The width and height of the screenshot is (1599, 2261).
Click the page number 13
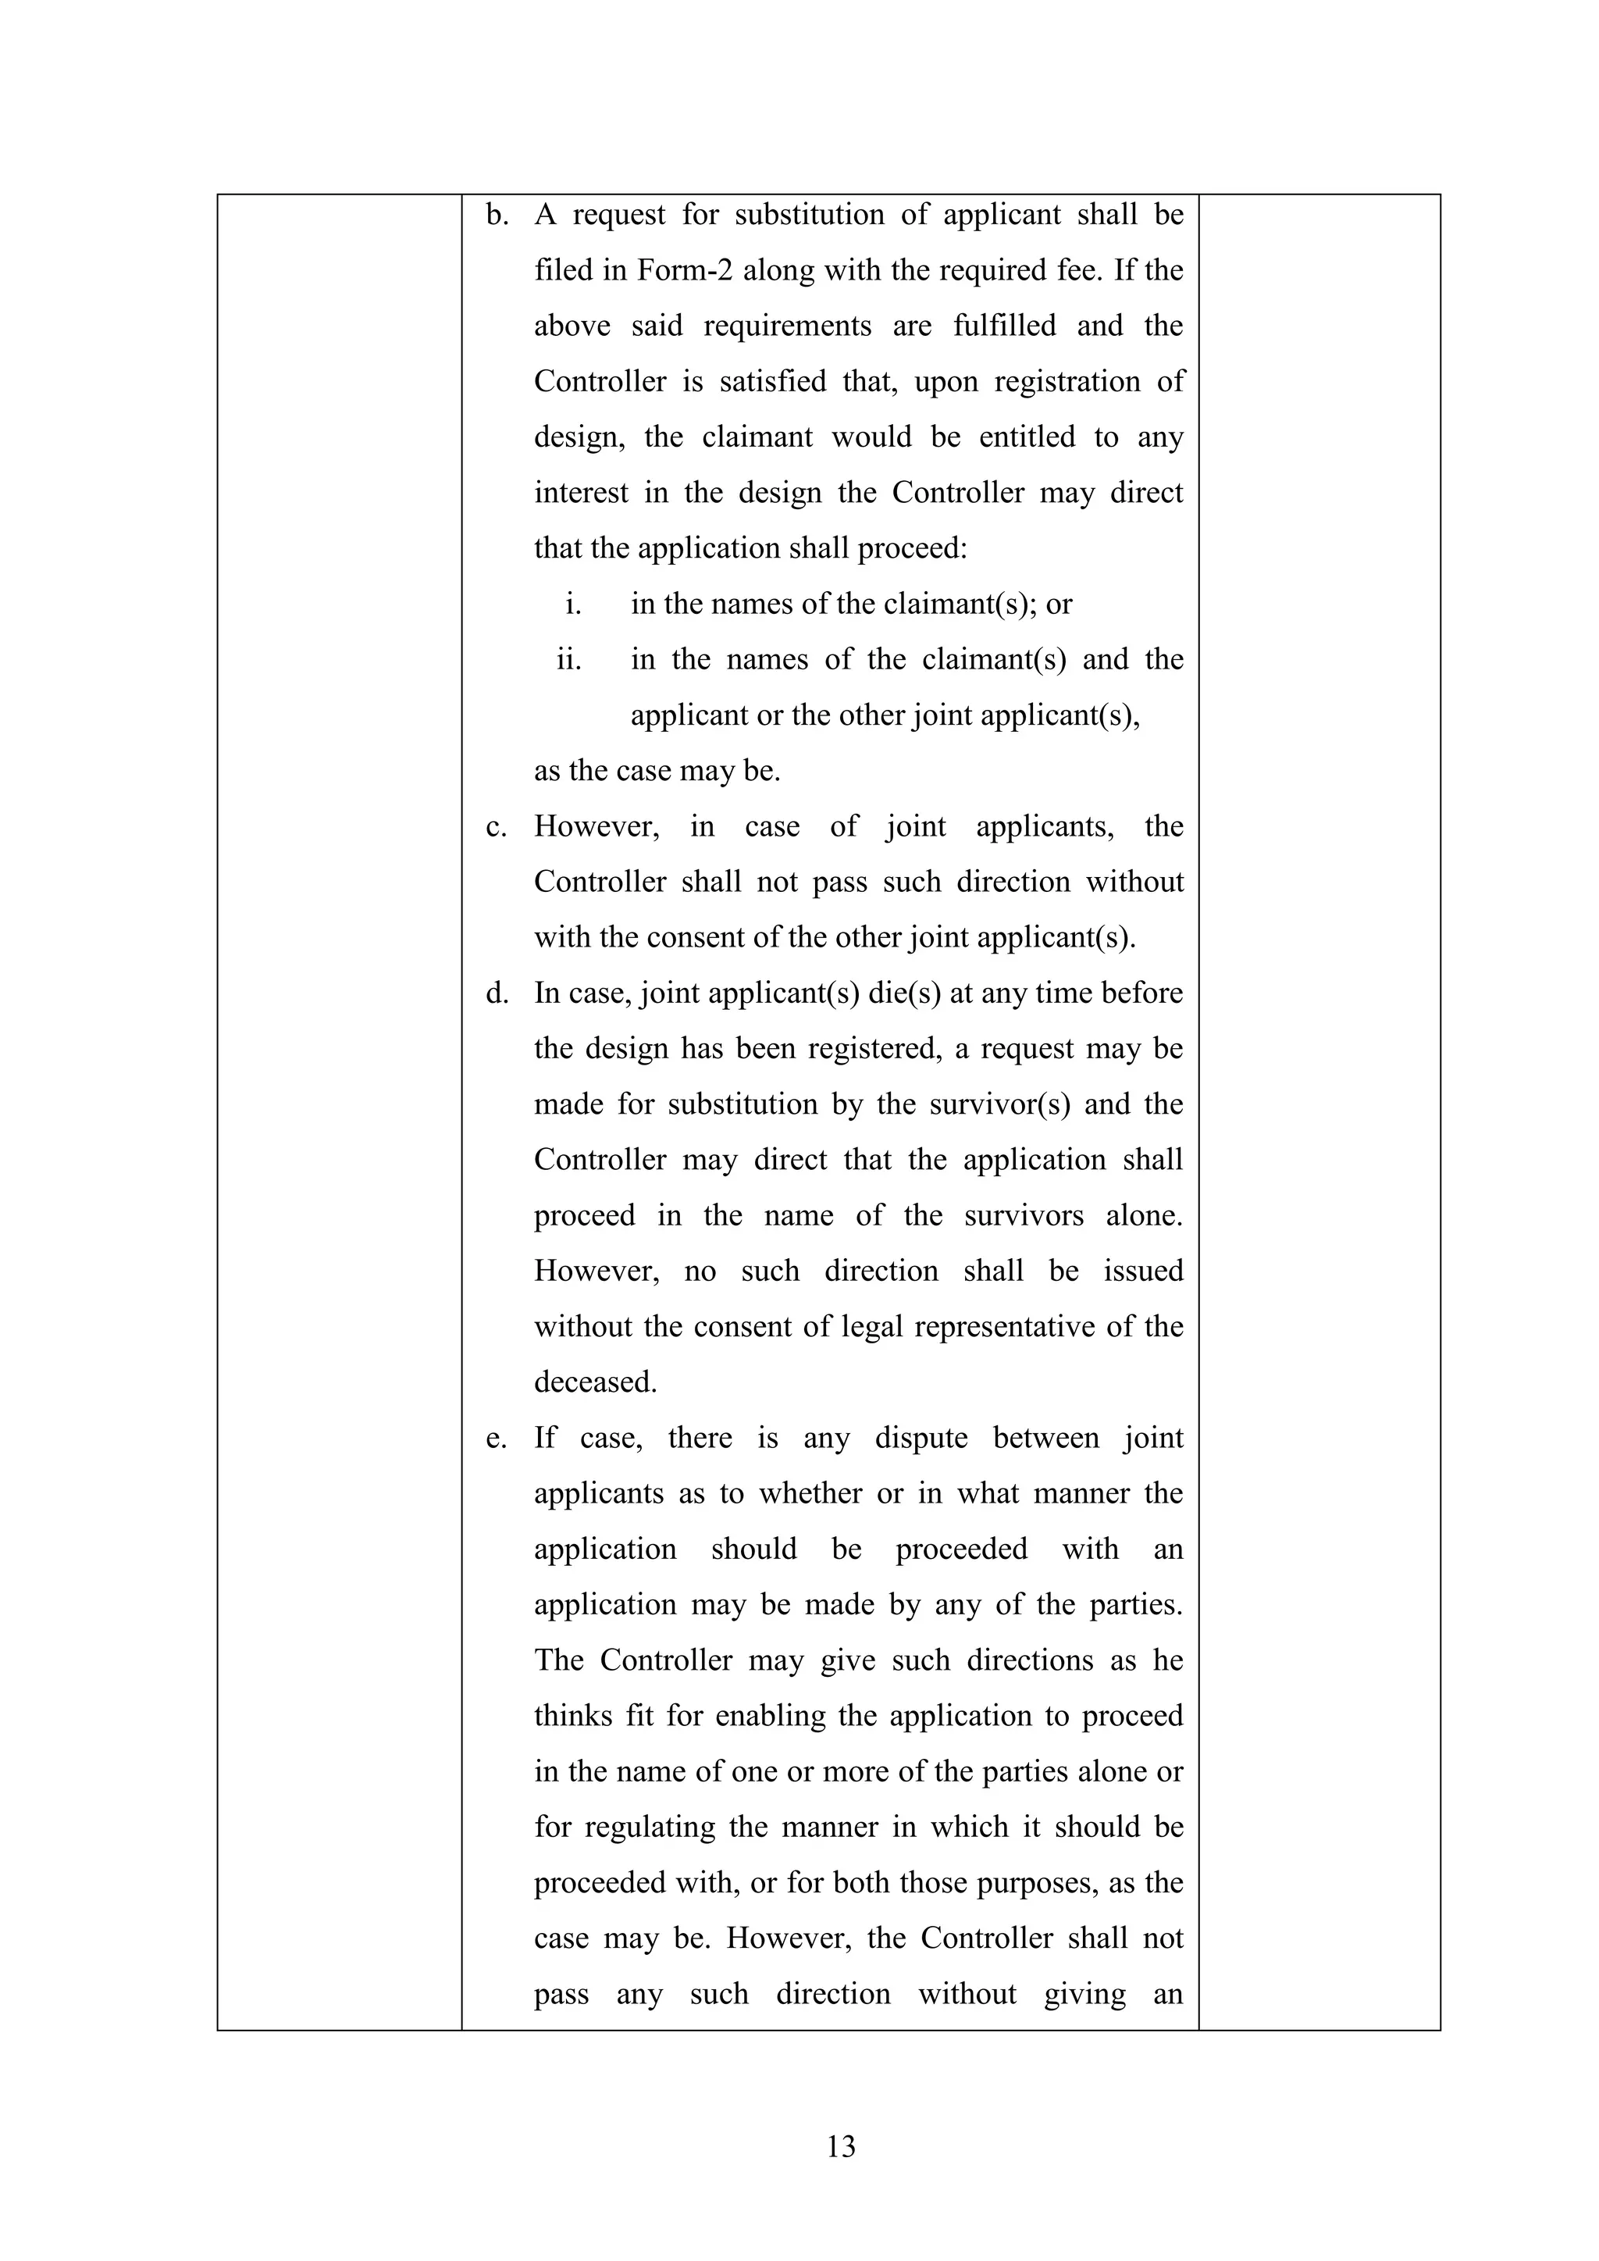pyautogui.click(x=841, y=2145)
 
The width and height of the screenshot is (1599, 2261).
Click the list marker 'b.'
pyautogui.click(x=497, y=215)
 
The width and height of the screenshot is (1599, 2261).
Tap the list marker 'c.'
pyautogui.click(x=497, y=826)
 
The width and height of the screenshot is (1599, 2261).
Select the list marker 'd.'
pyautogui.click(x=497, y=993)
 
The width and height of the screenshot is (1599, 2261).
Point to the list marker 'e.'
pyautogui.click(x=497, y=1438)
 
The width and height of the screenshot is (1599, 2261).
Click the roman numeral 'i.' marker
pyautogui.click(x=573, y=604)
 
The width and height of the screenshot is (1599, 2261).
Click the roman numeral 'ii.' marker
pyautogui.click(x=569, y=659)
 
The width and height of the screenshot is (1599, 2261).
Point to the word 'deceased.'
pyautogui.click(x=595, y=1382)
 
